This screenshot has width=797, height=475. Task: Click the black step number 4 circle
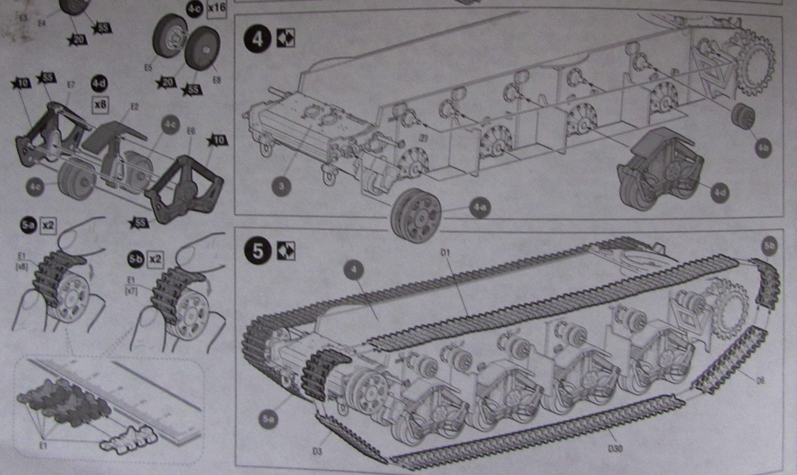258,38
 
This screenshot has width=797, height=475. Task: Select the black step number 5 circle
258,251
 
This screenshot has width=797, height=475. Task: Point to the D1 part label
445,253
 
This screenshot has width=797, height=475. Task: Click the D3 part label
316,452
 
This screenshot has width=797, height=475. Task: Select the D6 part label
760,381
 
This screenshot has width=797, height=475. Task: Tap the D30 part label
615,449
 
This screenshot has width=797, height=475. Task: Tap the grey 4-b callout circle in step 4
763,148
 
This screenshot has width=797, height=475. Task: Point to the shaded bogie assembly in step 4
660,167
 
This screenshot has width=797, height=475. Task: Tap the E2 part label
134,107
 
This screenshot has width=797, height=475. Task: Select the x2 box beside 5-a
48,225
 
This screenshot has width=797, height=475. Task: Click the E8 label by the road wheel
217,80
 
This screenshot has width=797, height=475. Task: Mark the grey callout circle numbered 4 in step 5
354,271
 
